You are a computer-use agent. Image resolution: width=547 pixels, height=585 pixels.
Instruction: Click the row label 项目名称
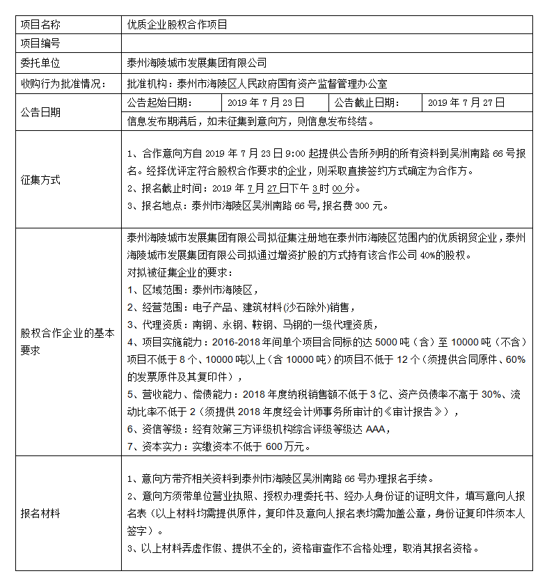pos(40,24)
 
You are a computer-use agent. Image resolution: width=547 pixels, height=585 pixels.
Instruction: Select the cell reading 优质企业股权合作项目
pos(177,24)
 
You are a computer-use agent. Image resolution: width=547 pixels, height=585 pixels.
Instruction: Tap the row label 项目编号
pos(40,44)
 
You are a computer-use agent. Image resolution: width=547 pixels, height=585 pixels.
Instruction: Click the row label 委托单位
pos(40,63)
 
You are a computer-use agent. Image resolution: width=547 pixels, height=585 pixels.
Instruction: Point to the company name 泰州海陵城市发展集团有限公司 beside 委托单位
pos(197,63)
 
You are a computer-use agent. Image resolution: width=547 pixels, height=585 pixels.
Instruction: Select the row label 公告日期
pos(40,111)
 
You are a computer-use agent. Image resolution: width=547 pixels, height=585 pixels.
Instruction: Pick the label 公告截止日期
pos(367,102)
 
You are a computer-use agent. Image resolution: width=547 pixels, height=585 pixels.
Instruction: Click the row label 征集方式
pos(40,180)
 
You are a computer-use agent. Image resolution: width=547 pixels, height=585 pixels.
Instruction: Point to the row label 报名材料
pos(40,514)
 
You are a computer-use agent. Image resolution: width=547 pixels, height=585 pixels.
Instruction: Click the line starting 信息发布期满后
pos(251,120)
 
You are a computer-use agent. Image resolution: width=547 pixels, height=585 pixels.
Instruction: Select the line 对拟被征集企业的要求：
pos(180,272)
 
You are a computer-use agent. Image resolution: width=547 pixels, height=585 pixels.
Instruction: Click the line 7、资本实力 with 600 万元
pos(220,446)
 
